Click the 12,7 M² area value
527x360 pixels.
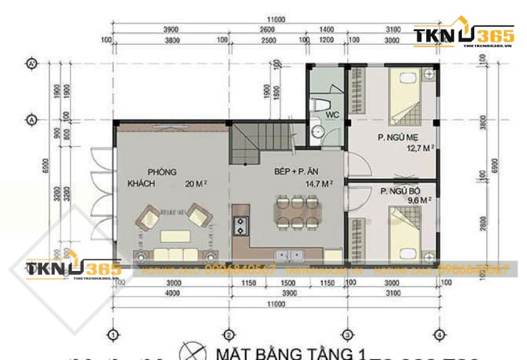420,148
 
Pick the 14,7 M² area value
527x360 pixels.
318,184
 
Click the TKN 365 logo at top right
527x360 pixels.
458,37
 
